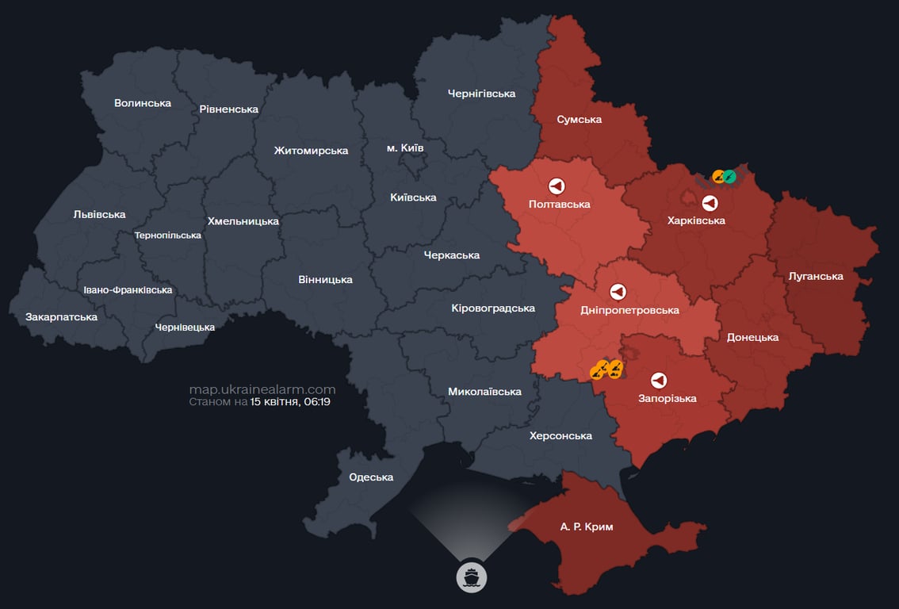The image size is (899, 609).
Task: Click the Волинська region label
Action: pyautogui.click(x=143, y=103)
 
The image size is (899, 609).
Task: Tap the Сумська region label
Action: pyautogui.click(x=579, y=120)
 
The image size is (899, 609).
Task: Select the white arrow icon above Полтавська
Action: pyautogui.click(x=557, y=186)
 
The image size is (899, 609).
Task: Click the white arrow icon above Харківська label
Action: pyautogui.click(x=710, y=202)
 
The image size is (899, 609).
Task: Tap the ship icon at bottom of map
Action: pyautogui.click(x=472, y=576)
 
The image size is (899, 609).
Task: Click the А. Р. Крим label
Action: pyautogui.click(x=587, y=527)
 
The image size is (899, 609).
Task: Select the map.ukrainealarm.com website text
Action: pyautogui.click(x=262, y=389)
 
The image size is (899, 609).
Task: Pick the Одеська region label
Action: pyautogui.click(x=371, y=477)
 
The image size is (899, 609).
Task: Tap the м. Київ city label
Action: pyautogui.click(x=404, y=148)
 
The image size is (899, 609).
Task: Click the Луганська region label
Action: pyautogui.click(x=816, y=276)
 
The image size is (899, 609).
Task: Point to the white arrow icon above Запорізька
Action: pyautogui.click(x=658, y=380)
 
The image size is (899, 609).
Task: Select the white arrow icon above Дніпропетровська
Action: pyautogui.click(x=618, y=292)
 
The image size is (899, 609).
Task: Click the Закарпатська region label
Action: pyautogui.click(x=62, y=316)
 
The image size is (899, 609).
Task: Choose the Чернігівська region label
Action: pyautogui.click(x=481, y=94)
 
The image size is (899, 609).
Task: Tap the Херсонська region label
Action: pyautogui.click(x=560, y=435)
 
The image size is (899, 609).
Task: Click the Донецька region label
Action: pyautogui.click(x=752, y=337)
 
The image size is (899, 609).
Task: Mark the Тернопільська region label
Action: pyautogui.click(x=168, y=236)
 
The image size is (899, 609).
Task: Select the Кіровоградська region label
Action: pyautogui.click(x=493, y=308)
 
